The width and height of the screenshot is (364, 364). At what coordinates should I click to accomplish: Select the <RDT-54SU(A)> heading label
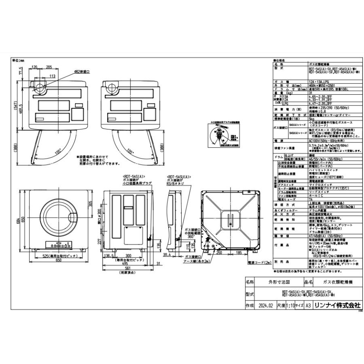tap(178, 177)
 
